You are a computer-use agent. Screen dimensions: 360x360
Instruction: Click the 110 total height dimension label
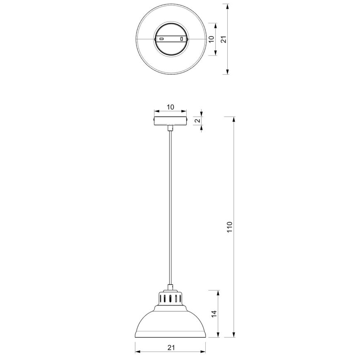pyautogui.click(x=230, y=227)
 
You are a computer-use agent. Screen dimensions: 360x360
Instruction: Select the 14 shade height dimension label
pyautogui.click(x=213, y=314)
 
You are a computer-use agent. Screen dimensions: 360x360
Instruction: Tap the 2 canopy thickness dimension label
pyautogui.click(x=197, y=121)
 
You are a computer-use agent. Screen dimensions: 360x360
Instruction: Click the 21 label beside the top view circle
pyautogui.click(x=223, y=39)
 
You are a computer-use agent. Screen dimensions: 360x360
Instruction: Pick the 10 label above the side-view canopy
pyautogui.click(x=170, y=107)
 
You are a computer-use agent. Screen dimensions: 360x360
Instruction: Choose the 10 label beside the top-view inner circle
pyautogui.click(x=211, y=39)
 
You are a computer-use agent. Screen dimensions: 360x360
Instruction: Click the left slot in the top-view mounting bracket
pyautogui.click(x=162, y=39)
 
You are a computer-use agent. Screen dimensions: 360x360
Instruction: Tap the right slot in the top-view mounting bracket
pyautogui.click(x=181, y=39)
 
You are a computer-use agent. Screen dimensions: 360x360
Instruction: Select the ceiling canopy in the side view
pyautogui.click(x=170, y=121)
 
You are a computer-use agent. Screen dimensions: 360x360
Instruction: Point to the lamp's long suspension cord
pyautogui.click(x=170, y=207)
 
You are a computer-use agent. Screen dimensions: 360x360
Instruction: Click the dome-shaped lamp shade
pyautogui.click(x=170, y=324)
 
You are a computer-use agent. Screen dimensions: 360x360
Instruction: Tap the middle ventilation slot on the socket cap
pyautogui.click(x=170, y=299)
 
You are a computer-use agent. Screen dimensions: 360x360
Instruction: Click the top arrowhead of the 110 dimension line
pyautogui.click(x=234, y=119)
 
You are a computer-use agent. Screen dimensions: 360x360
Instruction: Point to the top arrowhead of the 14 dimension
pyautogui.click(x=217, y=293)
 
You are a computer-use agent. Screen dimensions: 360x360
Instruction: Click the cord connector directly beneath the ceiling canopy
pyautogui.click(x=170, y=128)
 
